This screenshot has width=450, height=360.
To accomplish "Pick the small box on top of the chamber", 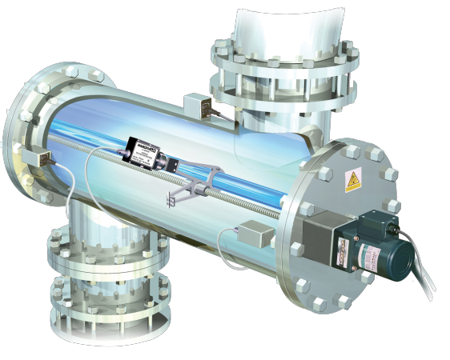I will pyautogui.click(x=196, y=105).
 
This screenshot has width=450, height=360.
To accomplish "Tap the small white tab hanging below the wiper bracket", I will pyautogui.click(x=169, y=201).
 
